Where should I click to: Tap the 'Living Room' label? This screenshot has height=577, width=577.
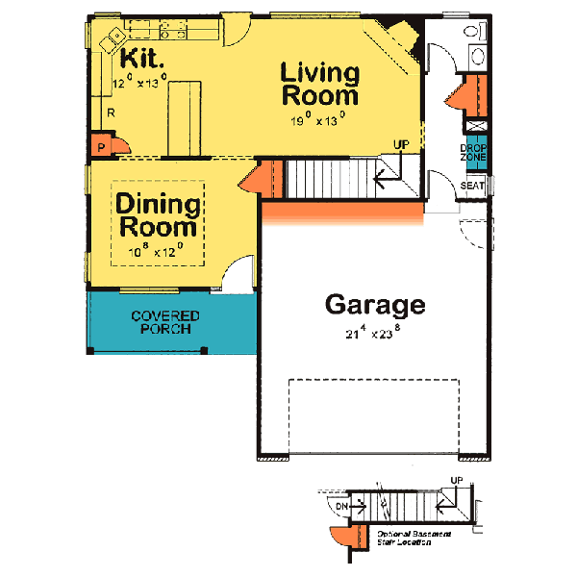(319, 85)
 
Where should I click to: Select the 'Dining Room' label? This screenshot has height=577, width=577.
(159, 216)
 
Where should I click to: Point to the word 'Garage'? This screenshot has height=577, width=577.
(374, 305)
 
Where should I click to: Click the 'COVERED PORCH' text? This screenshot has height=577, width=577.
(165, 322)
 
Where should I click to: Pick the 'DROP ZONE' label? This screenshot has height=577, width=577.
(473, 152)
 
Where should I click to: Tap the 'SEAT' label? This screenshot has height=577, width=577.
(472, 186)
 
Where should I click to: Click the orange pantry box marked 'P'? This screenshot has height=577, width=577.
(101, 147)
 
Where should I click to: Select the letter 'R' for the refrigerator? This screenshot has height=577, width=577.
(112, 113)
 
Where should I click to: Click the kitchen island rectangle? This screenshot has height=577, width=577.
(186, 118)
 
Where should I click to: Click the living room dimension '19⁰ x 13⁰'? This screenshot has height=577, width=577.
(318, 121)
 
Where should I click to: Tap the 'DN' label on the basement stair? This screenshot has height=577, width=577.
(339, 504)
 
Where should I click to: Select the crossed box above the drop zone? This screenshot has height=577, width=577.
(473, 125)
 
